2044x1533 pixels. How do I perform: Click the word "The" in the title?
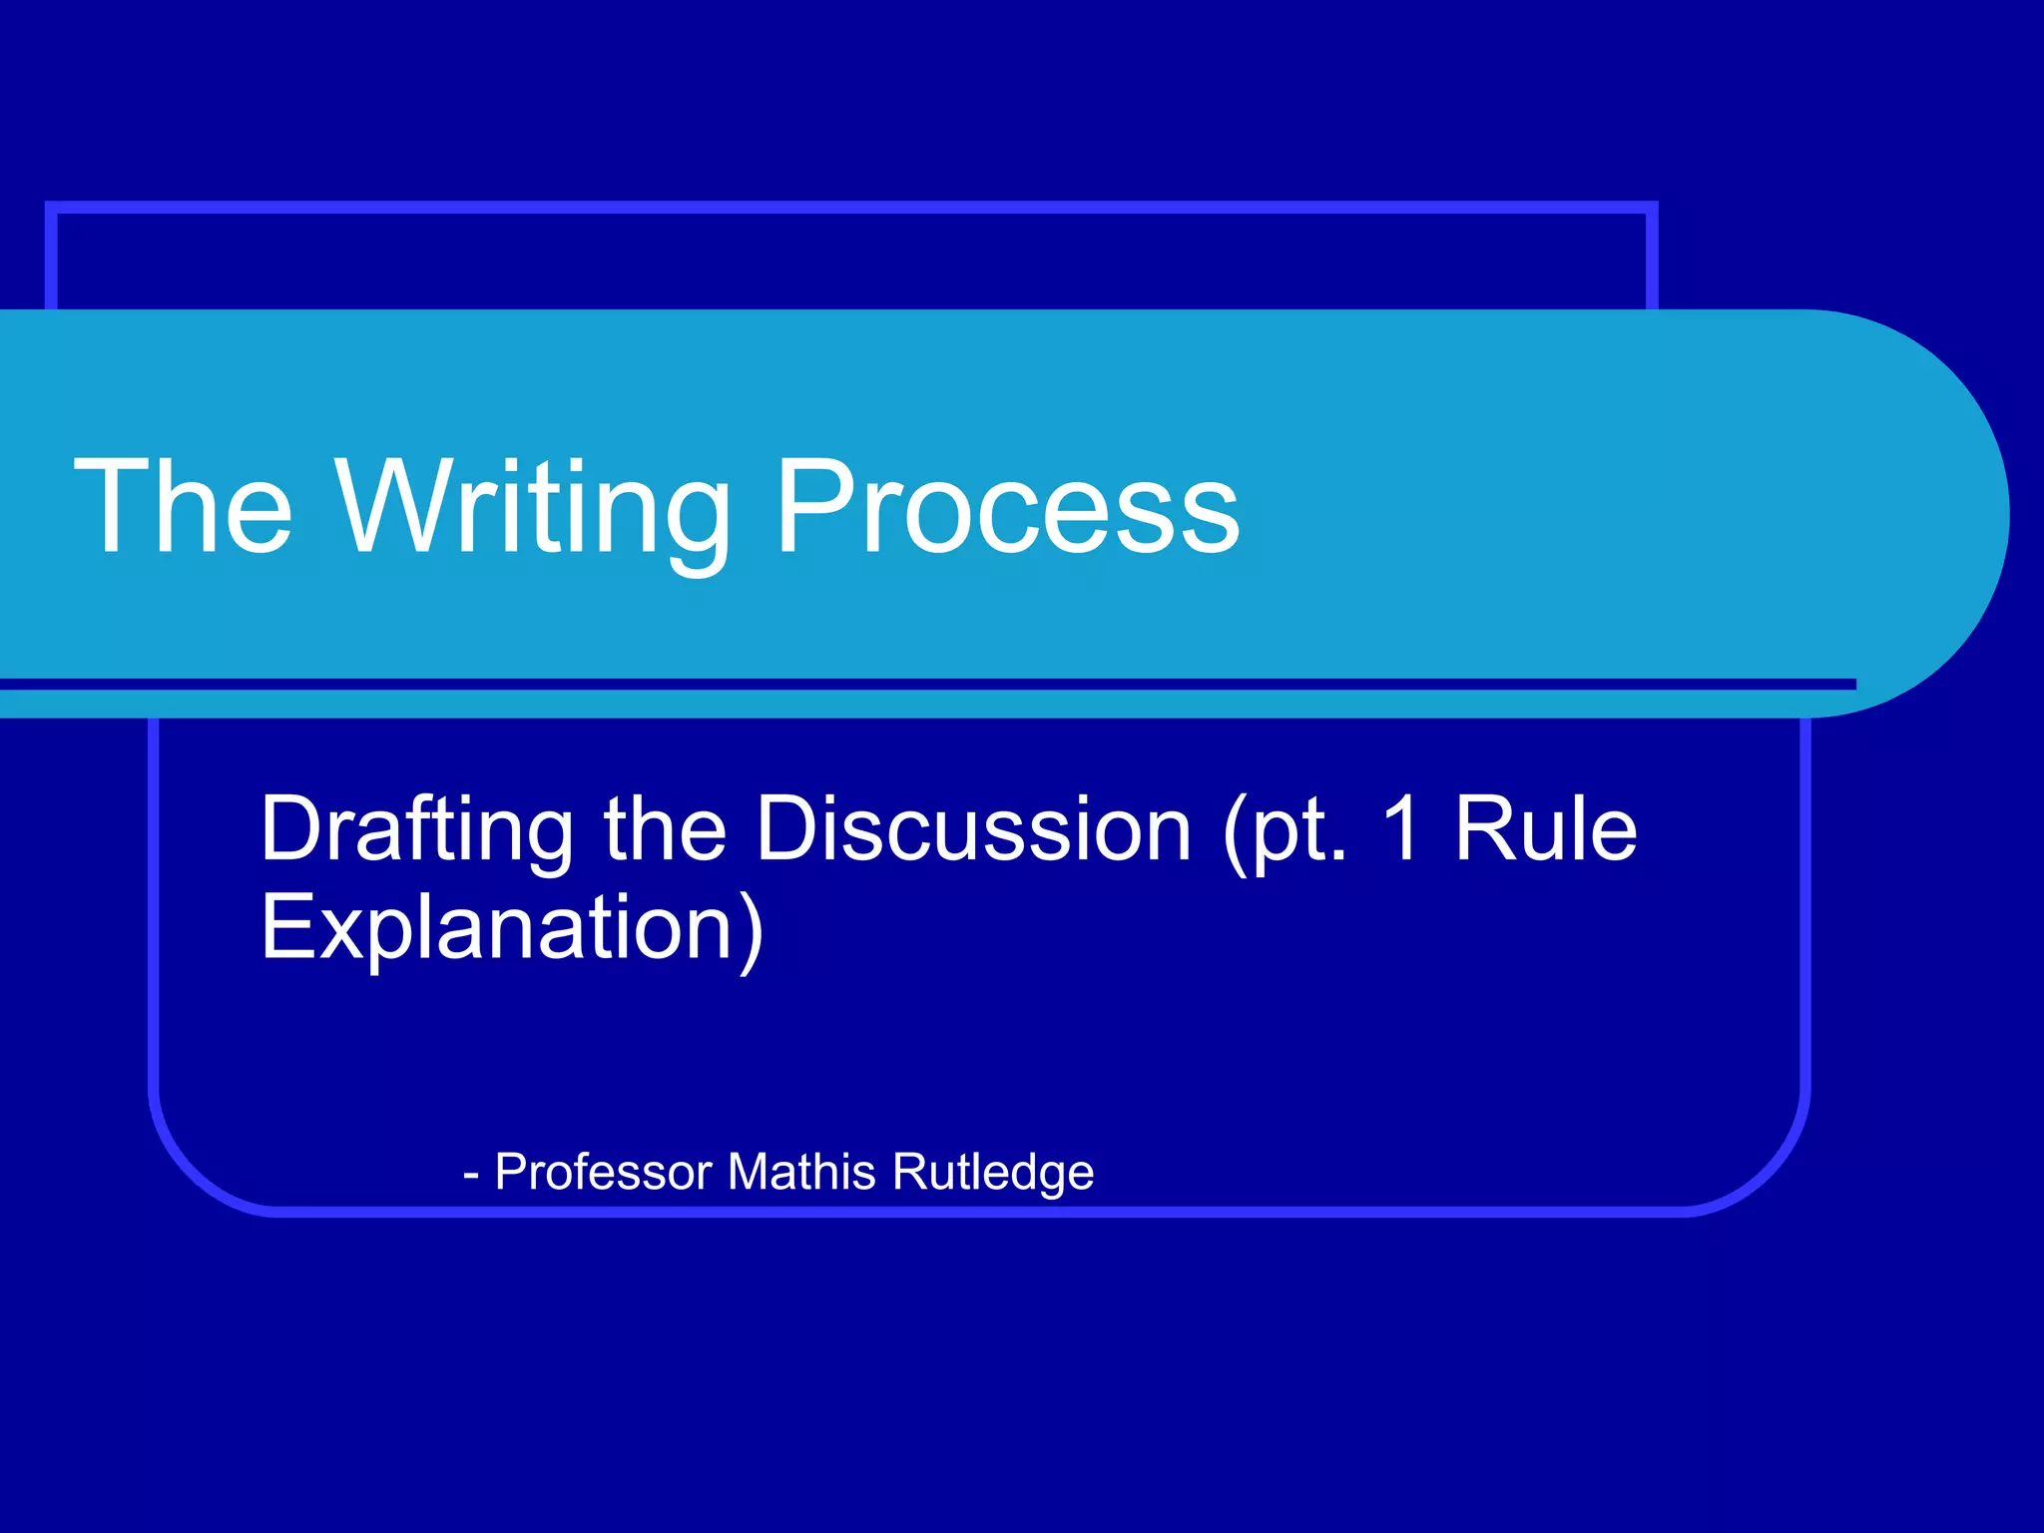[184, 506]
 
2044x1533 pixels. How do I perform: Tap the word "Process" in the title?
[1007, 506]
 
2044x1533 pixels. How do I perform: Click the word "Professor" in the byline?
[603, 1172]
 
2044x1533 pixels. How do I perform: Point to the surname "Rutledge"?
[993, 1174]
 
